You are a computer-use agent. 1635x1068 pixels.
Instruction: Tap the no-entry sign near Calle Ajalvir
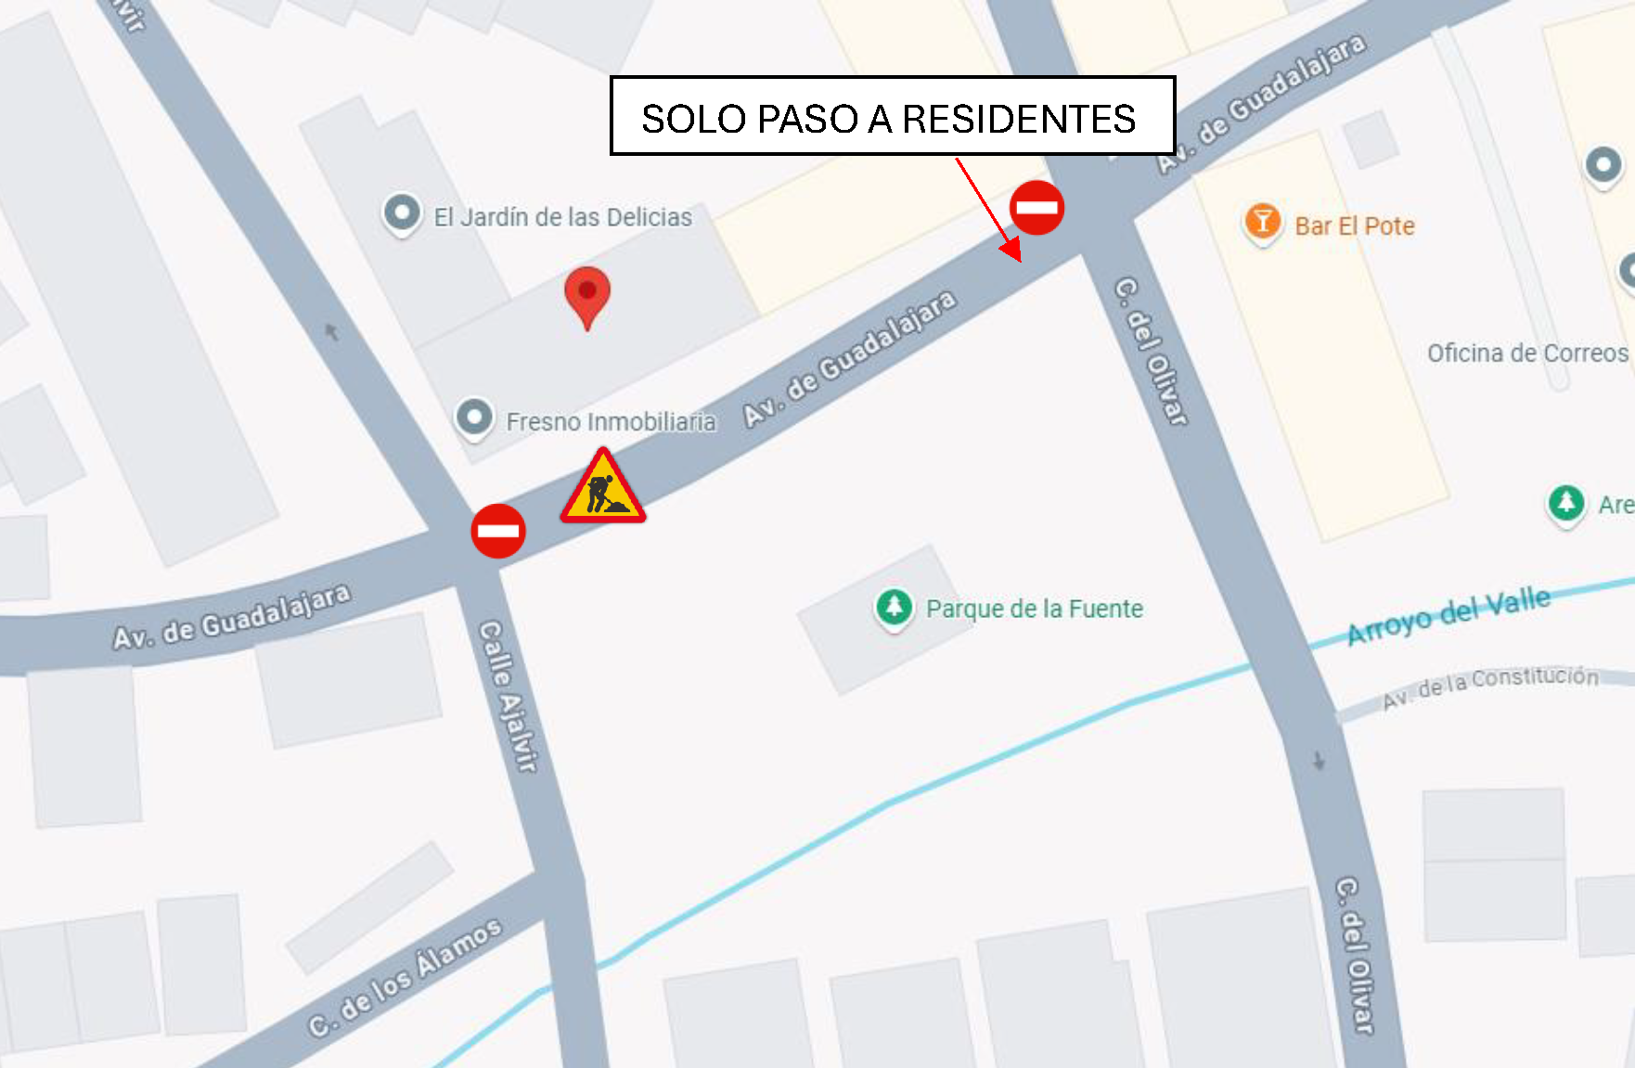pos(498,531)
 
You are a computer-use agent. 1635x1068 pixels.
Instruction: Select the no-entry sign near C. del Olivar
pos(1036,207)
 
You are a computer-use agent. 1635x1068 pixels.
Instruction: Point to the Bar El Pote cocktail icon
pos(1262,223)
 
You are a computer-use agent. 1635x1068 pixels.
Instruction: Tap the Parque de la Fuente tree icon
pos(894,608)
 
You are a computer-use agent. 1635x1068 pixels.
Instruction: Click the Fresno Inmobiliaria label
pos(611,422)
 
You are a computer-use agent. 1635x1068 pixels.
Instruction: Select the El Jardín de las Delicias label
pos(562,217)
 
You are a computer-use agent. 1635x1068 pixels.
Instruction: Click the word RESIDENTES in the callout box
pos(1019,119)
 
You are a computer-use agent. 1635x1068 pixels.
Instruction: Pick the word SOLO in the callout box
pos(693,119)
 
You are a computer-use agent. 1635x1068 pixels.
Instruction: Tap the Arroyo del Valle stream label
pos(1448,614)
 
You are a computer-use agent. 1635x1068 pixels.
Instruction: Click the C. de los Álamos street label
pos(405,976)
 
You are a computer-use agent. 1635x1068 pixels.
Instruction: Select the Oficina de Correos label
pos(1527,354)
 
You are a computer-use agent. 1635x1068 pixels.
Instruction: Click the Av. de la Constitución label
pos(1490,687)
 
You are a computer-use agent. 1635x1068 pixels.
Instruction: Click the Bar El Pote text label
pos(1355,226)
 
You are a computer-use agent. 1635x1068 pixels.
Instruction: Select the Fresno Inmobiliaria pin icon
pos(474,418)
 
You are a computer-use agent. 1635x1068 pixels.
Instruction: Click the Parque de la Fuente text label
pos(1035,609)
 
